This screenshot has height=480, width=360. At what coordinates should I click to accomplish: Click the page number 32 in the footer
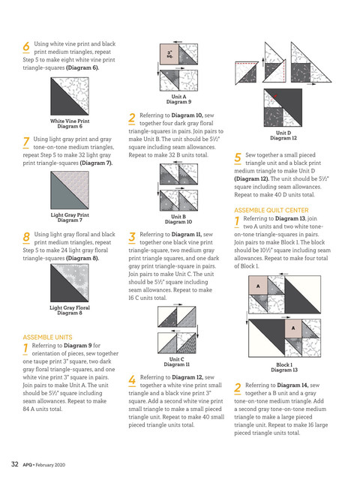coord(15,464)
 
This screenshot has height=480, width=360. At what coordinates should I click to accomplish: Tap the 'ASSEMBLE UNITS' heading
coord(47,337)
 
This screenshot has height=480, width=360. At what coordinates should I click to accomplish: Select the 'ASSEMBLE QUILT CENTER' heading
coord(271,210)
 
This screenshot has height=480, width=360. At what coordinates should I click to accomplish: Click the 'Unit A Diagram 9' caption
coord(178,99)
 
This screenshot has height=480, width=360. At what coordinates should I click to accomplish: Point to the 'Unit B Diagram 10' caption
coord(178,219)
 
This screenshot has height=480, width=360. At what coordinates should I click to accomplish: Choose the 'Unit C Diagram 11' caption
coord(177,361)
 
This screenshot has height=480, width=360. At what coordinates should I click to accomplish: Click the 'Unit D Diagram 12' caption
coord(283,135)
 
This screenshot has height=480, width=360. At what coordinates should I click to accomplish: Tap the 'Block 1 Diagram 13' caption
coord(284,367)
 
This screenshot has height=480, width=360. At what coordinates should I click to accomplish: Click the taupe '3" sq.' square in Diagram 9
coord(169,54)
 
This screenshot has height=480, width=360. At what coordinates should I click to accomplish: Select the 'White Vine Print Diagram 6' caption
coord(70,124)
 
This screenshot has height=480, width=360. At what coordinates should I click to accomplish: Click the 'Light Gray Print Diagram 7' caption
coord(70,217)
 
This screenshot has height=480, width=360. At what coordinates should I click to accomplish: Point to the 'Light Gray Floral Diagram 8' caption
coord(70,310)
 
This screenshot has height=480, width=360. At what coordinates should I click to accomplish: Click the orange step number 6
coord(26,46)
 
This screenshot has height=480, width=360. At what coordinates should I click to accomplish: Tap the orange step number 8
coord(26,237)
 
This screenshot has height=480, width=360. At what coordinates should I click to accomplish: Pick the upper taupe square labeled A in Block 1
coord(258,286)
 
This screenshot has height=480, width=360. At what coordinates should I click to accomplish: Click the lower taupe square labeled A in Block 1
coord(293,328)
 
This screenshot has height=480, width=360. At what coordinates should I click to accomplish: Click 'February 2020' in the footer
coord(50,465)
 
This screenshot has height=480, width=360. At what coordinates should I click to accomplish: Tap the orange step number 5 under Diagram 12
coord(238,157)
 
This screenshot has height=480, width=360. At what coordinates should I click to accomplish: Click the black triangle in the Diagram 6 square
coord(63,103)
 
